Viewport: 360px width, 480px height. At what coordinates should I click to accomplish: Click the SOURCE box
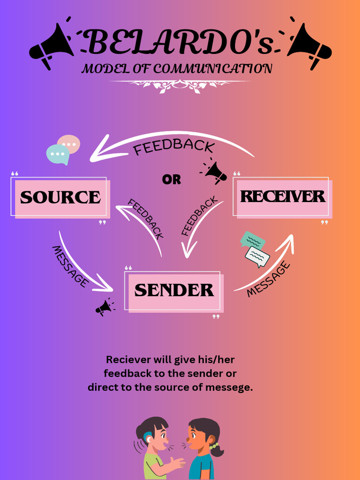[60, 197]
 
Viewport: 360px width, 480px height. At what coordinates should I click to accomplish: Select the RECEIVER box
[282, 196]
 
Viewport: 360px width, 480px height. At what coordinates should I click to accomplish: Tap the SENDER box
[174, 291]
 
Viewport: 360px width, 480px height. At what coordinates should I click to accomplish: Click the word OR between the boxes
[172, 180]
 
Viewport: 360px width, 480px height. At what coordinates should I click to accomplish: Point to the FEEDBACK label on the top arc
[174, 146]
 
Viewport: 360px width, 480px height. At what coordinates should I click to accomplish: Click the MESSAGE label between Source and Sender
[70, 266]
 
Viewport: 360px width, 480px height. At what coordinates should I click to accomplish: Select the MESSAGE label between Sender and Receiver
[268, 280]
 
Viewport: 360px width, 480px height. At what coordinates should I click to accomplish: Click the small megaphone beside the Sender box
[104, 307]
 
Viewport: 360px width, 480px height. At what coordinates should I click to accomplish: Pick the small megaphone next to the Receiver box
[215, 172]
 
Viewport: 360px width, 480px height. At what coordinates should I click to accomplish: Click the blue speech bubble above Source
[58, 154]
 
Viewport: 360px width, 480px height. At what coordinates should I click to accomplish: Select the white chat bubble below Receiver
[257, 256]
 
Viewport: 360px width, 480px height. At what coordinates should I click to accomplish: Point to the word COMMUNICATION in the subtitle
[213, 69]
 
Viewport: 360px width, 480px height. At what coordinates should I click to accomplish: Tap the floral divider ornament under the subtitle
[179, 85]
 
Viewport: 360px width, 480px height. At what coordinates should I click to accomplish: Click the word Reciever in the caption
[123, 360]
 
